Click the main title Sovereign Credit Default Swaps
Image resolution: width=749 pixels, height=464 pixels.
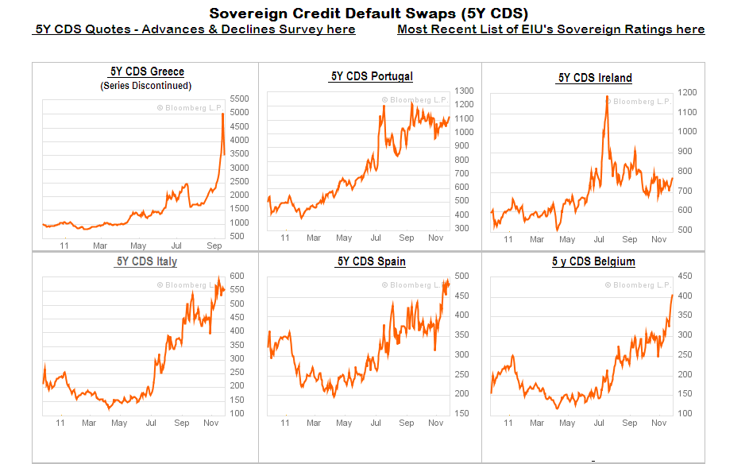[369, 13]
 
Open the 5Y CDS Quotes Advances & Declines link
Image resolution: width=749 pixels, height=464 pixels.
[195, 29]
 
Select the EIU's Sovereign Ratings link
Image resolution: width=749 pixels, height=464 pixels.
[550, 29]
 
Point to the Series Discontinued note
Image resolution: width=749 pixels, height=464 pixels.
[146, 86]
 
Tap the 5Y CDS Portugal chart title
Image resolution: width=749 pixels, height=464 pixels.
[372, 76]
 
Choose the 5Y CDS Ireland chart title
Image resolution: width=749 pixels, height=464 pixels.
[595, 77]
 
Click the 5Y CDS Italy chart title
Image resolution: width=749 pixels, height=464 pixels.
[146, 261]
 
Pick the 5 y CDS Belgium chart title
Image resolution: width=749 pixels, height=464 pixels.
[593, 261]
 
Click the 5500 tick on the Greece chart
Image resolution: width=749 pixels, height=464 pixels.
[238, 99]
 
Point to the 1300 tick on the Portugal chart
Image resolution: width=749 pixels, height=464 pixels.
[464, 91]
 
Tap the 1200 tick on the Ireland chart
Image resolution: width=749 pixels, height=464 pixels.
[687, 92]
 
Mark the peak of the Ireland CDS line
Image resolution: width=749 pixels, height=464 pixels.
[607, 96]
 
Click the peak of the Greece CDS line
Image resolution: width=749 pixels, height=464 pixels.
[222, 114]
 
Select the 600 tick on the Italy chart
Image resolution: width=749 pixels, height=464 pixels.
[237, 276]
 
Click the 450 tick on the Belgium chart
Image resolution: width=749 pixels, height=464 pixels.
[684, 276]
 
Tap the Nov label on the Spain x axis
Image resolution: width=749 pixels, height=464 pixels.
[435, 423]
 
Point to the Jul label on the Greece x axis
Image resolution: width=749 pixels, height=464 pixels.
[176, 246]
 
